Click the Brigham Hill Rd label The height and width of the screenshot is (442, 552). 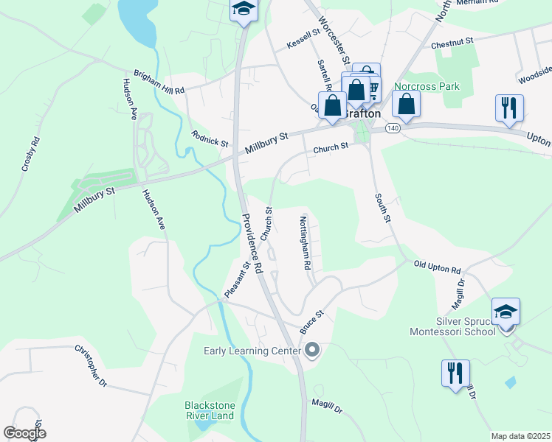(159, 82)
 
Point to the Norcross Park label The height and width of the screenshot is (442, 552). (427, 86)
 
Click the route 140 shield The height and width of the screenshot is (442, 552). (392, 128)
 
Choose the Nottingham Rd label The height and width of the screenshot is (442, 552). (306, 242)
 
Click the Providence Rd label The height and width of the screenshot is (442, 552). (252, 243)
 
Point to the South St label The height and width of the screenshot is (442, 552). (382, 208)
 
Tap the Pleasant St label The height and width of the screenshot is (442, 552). (237, 280)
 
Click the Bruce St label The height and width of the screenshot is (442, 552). (313, 322)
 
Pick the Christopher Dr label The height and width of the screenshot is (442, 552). (91, 366)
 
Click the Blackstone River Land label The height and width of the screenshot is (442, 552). (209, 410)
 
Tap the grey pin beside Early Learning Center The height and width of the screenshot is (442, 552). (312, 350)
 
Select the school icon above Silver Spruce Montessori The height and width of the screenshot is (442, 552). (506, 312)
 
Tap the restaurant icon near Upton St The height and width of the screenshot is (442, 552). (509, 108)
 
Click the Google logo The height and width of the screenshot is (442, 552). (25, 433)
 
